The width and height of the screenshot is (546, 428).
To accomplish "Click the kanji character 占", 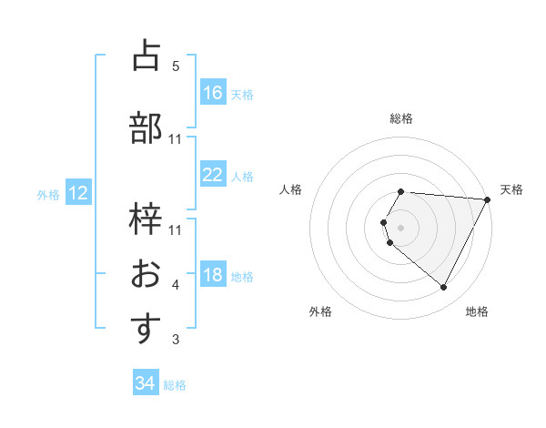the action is click(x=147, y=56).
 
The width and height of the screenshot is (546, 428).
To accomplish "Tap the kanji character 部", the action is click(x=147, y=128).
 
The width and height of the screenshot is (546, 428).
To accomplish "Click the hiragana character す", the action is click(x=147, y=329).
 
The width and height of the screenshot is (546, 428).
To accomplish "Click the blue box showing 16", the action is click(x=213, y=92).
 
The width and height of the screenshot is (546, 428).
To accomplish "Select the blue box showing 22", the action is click(x=213, y=175).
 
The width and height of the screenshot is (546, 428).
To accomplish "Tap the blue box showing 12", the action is click(x=77, y=193).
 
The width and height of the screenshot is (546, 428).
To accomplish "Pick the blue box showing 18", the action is click(x=213, y=275).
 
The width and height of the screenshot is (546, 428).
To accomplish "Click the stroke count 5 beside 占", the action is click(x=176, y=66).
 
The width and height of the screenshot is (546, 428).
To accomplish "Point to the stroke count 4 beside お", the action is click(x=176, y=286).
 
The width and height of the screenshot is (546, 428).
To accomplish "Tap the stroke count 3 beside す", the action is click(x=176, y=340).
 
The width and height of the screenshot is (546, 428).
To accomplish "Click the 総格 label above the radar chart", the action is click(x=401, y=118).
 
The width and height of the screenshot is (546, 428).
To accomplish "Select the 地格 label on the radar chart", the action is click(x=477, y=311).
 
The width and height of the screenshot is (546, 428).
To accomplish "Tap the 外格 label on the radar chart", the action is click(x=320, y=311).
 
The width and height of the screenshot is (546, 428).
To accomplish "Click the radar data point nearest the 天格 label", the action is click(x=488, y=199).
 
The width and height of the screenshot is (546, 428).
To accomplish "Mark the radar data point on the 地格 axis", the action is click(x=444, y=288).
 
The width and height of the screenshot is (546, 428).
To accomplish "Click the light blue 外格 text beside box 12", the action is click(x=48, y=194).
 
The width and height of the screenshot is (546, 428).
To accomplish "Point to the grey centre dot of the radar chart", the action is click(x=401, y=227).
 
